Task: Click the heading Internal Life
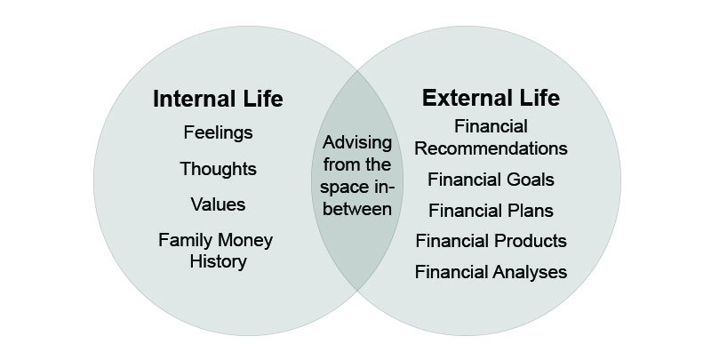coord(218,99)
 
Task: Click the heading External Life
coord(491,98)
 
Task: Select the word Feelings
coord(218,132)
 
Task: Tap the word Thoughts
coord(218,169)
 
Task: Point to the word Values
coord(218,204)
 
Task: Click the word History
coord(218,261)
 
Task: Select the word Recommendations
coord(491,148)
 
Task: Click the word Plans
coord(530,211)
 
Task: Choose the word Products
coord(530,240)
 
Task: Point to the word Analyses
coord(530,272)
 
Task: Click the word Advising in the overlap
coord(357,142)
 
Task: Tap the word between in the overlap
coord(357,209)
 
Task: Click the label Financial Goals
coord(491,180)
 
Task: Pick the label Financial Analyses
coord(491,272)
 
